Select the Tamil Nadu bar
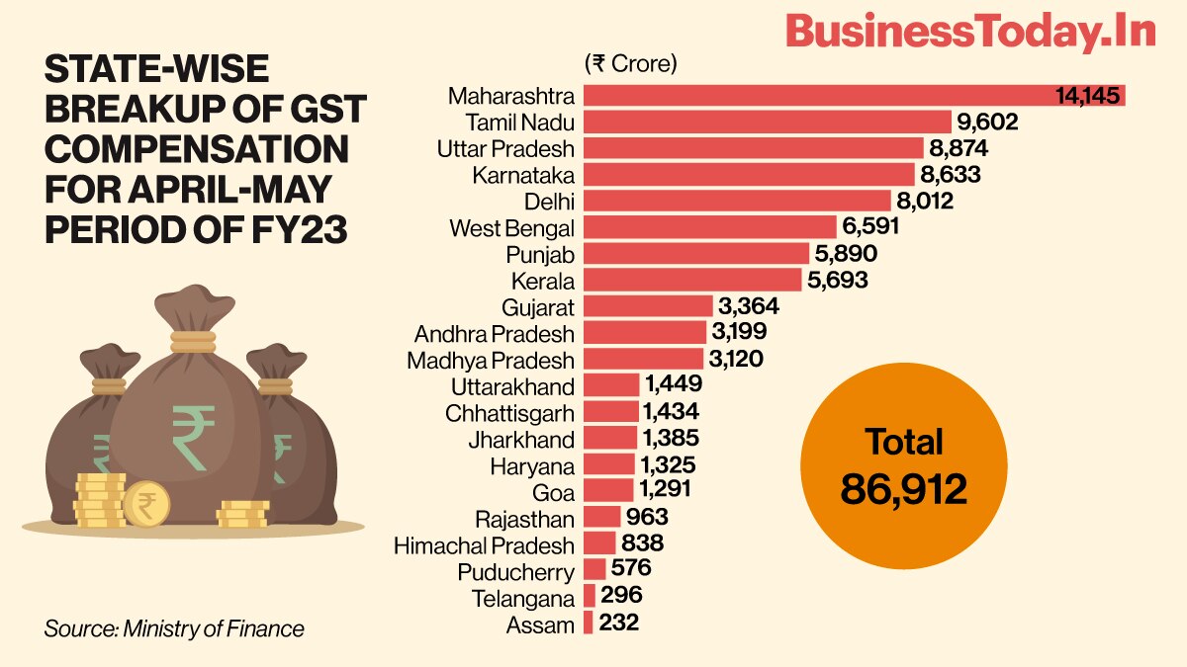coord(767,122)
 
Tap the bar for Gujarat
coord(648,306)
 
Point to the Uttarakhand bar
coord(611,385)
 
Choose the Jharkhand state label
coord(521,439)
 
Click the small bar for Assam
coord(589,624)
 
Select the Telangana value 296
coord(621,596)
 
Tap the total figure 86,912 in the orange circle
coord(903,488)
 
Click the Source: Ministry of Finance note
coord(174,628)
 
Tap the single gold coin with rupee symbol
coord(145,504)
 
